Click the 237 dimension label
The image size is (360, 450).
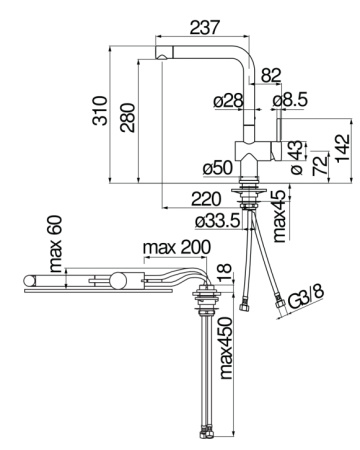pyautogui.click(x=205, y=27)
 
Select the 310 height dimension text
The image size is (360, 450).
pyautogui.click(x=100, y=111)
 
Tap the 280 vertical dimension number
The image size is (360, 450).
pyautogui.click(x=128, y=118)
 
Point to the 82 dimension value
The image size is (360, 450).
pyautogui.click(x=271, y=75)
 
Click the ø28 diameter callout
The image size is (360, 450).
pyautogui.click(x=228, y=100)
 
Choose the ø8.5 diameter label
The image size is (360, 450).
pyautogui.click(x=289, y=100)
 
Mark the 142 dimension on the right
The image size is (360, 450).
pyautogui.click(x=343, y=148)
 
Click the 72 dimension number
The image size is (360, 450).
pyautogui.click(x=320, y=165)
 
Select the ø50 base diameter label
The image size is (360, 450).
pyautogui.click(x=218, y=168)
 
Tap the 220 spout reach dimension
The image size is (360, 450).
pyautogui.click(x=206, y=199)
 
